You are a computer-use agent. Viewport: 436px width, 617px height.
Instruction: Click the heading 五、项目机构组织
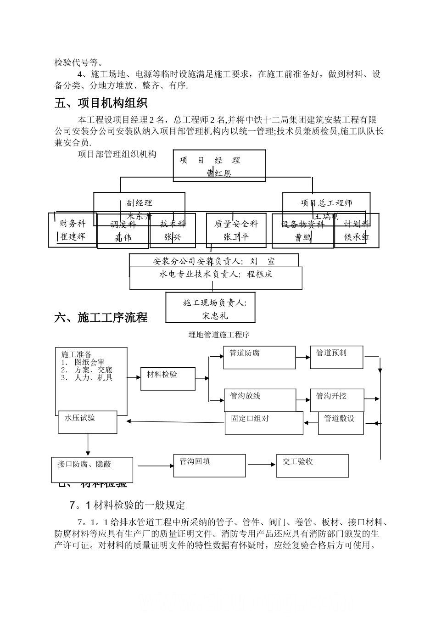(101, 102)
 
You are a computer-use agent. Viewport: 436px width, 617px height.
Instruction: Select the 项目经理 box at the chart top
(219, 166)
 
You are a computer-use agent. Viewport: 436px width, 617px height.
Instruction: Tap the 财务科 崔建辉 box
(73, 230)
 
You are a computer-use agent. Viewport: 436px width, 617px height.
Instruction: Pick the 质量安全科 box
(236, 230)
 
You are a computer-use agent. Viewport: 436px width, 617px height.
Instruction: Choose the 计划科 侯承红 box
(357, 230)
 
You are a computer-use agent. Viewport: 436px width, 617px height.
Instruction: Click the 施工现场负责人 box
(210, 308)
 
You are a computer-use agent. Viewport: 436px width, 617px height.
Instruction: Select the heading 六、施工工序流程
(101, 317)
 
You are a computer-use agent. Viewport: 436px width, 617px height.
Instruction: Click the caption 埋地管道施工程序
(219, 335)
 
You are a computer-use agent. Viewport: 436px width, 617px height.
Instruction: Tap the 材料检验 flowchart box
(168, 379)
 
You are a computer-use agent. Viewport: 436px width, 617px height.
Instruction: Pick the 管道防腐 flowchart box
(259, 358)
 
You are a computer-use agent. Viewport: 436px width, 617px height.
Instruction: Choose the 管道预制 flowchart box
(336, 357)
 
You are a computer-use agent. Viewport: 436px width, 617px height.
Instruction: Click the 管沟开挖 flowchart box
(337, 400)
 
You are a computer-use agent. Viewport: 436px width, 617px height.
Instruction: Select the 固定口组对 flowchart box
(264, 423)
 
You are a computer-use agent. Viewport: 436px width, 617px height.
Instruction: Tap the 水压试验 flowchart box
(88, 422)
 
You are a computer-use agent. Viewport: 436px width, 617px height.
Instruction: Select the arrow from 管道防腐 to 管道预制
(302, 357)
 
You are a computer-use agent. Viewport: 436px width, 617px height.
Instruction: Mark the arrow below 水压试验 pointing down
(88, 445)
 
